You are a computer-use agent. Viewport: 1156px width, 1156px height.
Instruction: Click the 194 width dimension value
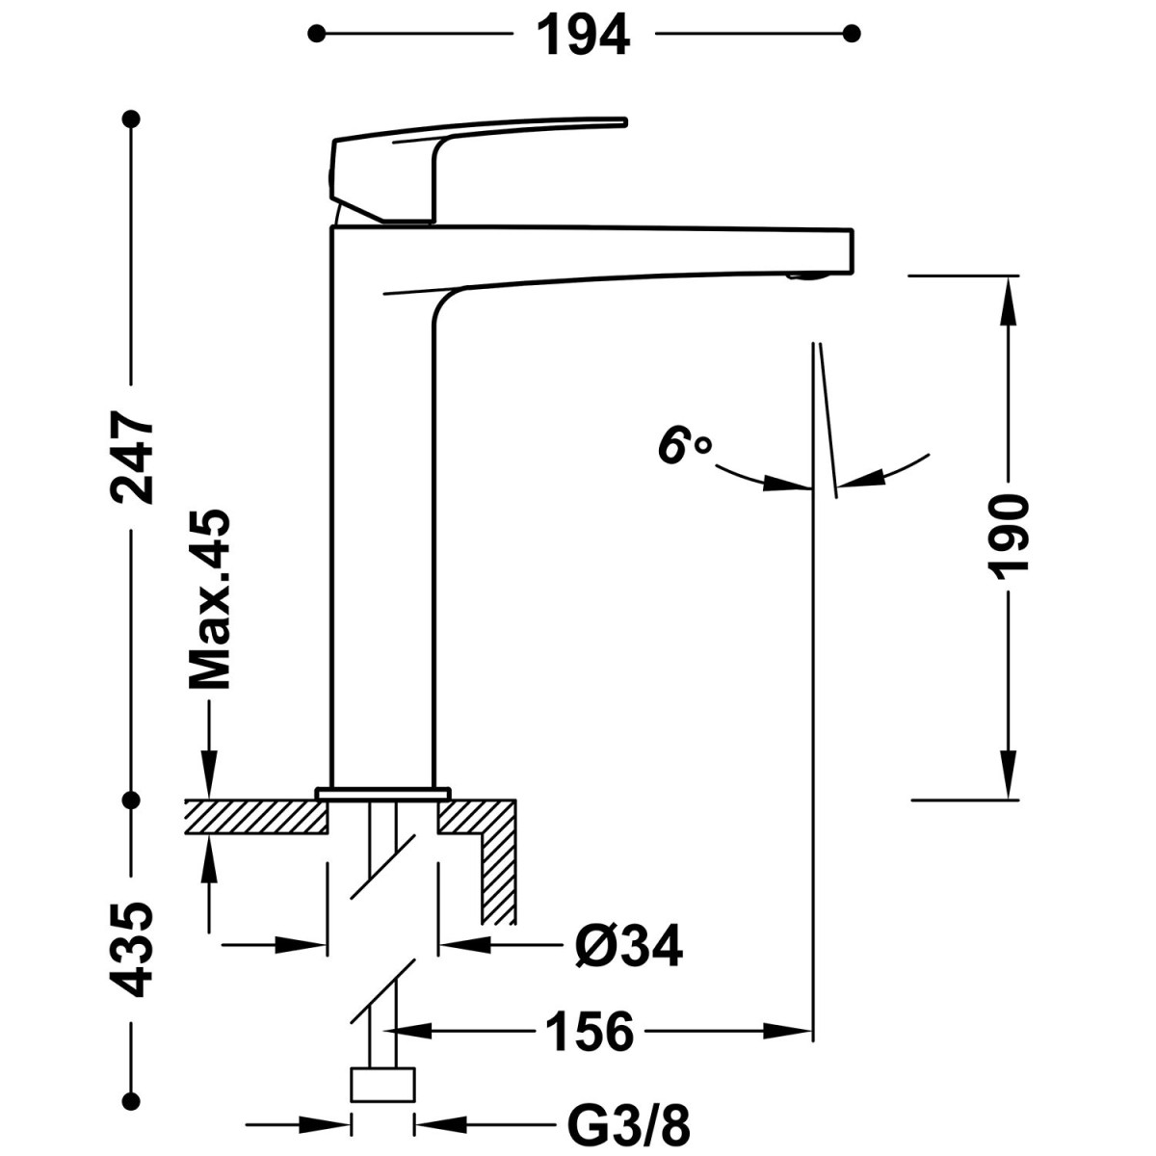pyautogui.click(x=583, y=36)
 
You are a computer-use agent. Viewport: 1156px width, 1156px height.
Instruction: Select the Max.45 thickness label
pyautogui.click(x=210, y=599)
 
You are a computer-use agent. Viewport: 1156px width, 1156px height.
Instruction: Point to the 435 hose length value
pyautogui.click(x=132, y=949)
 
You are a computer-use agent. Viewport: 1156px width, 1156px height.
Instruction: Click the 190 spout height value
pyautogui.click(x=1009, y=538)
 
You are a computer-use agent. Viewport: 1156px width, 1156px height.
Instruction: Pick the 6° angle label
pyautogui.click(x=684, y=447)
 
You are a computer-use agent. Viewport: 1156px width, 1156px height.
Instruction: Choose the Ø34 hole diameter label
pyautogui.click(x=629, y=946)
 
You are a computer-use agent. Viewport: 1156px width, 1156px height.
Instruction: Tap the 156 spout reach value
pyautogui.click(x=591, y=1032)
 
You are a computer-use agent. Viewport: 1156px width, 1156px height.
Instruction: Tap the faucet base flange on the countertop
pyautogui.click(x=382, y=793)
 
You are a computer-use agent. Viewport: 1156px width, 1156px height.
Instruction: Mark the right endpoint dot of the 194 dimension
pyautogui.click(x=851, y=35)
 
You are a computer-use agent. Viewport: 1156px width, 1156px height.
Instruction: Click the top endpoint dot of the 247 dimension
pyautogui.click(x=132, y=119)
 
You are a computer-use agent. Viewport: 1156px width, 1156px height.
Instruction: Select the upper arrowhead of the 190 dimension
pyautogui.click(x=1009, y=294)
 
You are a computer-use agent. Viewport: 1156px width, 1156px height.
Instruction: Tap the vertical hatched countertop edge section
pyautogui.click(x=499, y=872)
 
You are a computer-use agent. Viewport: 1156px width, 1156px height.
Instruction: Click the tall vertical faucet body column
pyautogui.click(x=382, y=539)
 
